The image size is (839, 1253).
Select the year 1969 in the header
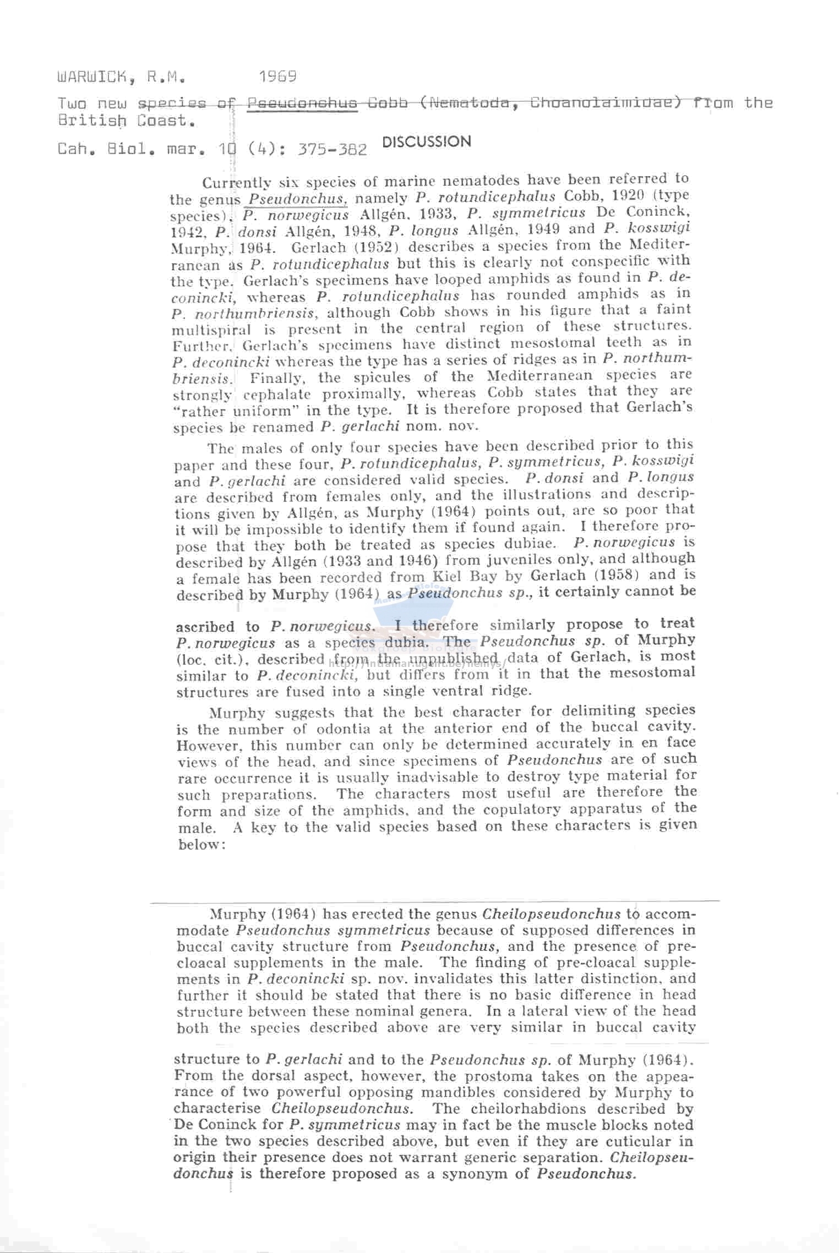pos(278,76)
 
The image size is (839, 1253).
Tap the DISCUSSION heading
pos(427,142)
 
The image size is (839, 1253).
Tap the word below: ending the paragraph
pos(199,844)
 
